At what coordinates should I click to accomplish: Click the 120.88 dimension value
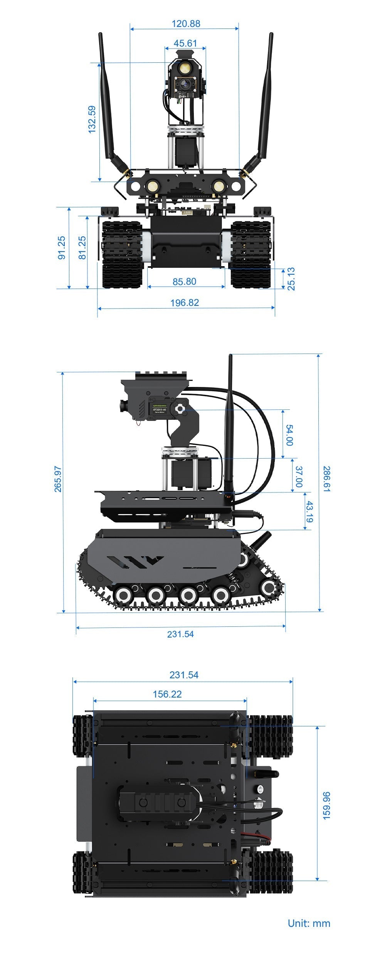tap(186, 24)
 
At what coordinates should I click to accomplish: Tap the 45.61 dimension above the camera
tap(185, 43)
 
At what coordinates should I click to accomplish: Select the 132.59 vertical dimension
tap(92, 120)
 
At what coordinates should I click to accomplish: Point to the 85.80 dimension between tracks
tap(184, 282)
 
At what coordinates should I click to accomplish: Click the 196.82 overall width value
tap(185, 303)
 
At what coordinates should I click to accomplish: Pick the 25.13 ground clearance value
tap(291, 279)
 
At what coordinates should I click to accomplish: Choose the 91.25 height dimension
tap(62, 248)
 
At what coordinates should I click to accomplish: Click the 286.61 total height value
tap(326, 479)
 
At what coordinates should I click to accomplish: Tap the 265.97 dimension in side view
tap(58, 479)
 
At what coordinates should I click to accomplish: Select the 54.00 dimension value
tap(289, 435)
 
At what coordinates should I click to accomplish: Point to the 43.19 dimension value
tap(309, 511)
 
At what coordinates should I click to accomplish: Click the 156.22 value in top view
tap(167, 694)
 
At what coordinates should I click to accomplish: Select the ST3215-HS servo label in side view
tap(159, 409)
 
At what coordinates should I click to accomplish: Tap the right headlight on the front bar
tap(219, 187)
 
